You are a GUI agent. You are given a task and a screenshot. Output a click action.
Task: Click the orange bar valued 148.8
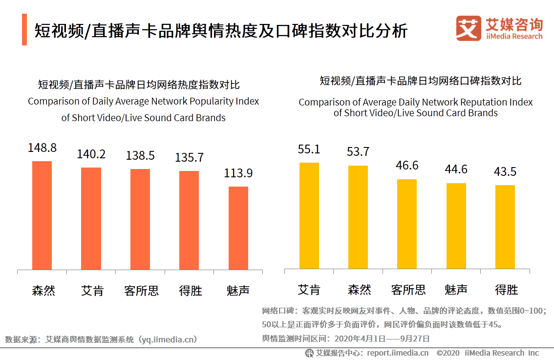point(42,215)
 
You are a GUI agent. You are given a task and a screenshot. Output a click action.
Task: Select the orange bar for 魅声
point(238,228)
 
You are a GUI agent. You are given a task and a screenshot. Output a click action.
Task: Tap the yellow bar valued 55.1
point(309,215)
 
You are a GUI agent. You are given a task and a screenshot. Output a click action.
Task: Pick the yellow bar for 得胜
point(505,227)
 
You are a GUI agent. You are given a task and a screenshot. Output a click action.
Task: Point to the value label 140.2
point(91,154)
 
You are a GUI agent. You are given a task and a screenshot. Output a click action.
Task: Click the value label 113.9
point(238,173)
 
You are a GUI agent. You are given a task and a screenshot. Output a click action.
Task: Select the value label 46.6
point(407,166)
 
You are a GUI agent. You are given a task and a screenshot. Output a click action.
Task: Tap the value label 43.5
point(505,172)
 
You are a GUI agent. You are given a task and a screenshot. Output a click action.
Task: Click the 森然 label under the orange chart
point(43,291)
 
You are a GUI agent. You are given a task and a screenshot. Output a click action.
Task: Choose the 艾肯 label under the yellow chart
point(309,290)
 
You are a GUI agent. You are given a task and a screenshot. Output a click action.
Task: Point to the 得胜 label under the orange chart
point(191,291)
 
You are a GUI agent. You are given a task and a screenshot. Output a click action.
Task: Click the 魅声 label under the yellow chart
point(456,290)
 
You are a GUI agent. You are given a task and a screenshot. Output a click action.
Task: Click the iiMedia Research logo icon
point(469,28)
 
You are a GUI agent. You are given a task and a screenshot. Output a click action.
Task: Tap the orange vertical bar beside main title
point(24,30)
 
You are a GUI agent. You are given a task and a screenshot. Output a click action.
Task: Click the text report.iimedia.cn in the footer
point(398,353)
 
